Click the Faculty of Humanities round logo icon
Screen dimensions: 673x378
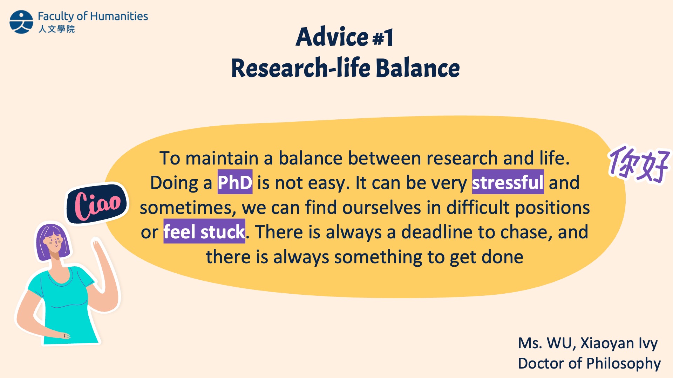pos(21,22)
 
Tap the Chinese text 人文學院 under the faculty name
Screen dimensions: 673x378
pos(56,29)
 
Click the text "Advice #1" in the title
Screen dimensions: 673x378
pos(345,37)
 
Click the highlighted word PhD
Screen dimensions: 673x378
pos(235,182)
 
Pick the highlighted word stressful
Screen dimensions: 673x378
pos(508,182)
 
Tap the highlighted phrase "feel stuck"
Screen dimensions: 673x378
pos(204,231)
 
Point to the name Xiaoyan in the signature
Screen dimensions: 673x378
pos(607,343)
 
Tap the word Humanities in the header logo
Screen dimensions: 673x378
pos(119,16)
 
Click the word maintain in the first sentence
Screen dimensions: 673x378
pos(222,158)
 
